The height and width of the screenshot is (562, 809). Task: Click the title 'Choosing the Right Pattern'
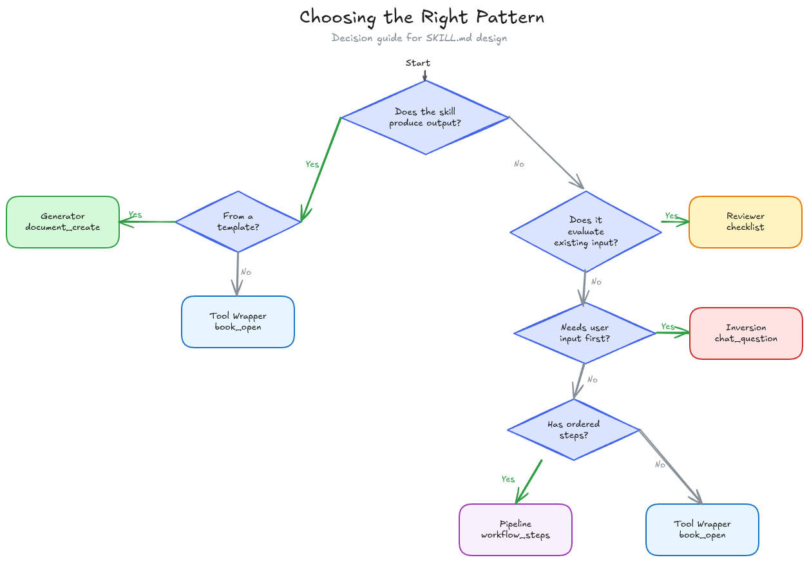click(x=422, y=17)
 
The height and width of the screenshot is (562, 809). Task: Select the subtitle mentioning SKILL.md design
click(x=419, y=38)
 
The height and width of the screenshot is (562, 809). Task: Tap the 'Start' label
click(x=417, y=63)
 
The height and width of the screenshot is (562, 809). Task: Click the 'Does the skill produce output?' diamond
click(x=425, y=117)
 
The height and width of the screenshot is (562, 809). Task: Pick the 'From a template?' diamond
click(x=238, y=221)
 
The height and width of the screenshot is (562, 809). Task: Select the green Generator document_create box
click(x=62, y=222)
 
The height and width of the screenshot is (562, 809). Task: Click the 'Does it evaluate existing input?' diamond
click(x=585, y=232)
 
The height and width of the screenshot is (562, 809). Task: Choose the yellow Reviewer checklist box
click(x=745, y=222)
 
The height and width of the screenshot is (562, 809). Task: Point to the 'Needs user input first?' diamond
click(x=585, y=333)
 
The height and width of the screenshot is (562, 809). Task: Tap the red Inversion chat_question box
click(x=746, y=333)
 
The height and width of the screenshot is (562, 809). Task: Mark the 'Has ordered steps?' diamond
click(x=573, y=429)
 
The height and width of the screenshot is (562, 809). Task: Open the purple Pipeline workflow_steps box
click(x=515, y=529)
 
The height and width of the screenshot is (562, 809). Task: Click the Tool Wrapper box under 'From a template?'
click(x=238, y=322)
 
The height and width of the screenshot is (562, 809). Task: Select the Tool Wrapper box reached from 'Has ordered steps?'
click(x=702, y=529)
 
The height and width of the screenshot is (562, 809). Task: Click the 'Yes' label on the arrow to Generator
click(x=135, y=214)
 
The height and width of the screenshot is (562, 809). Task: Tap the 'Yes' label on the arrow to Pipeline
click(x=508, y=479)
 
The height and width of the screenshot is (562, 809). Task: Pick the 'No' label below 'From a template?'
click(x=246, y=272)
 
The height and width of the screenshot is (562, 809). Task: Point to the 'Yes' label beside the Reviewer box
click(x=671, y=216)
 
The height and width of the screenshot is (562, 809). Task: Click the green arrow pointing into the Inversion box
click(x=673, y=333)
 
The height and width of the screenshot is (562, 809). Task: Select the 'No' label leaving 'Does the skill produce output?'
click(x=519, y=164)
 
